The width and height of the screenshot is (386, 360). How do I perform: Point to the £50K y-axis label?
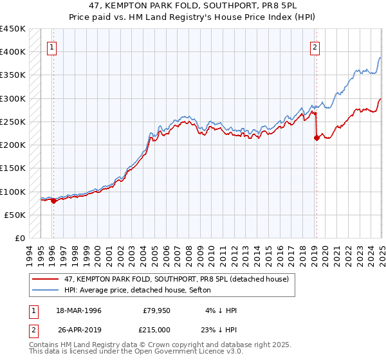14,215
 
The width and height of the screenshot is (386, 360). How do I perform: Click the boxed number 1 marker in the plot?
51,46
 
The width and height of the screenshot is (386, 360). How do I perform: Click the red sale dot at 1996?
53,201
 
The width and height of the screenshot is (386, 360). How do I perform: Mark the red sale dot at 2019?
316,138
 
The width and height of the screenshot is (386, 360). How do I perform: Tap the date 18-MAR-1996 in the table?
78,310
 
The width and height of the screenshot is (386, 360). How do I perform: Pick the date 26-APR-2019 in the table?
78,330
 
